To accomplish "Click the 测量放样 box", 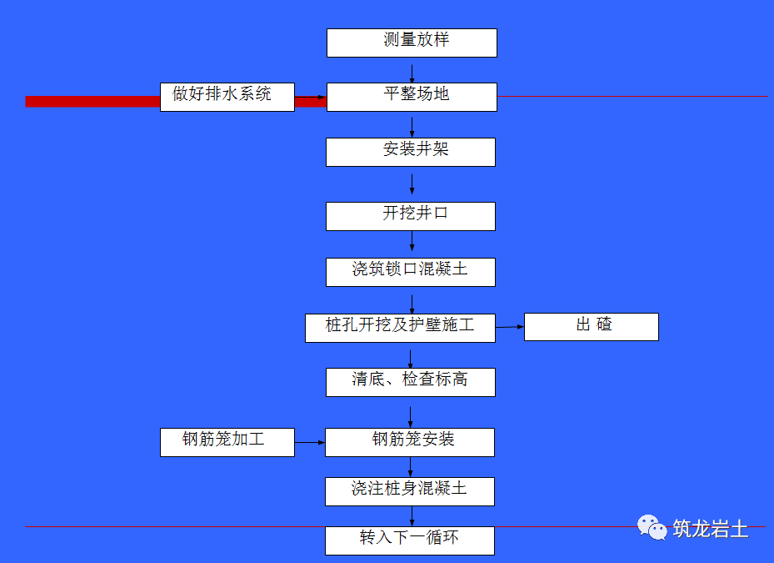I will pos(412,43).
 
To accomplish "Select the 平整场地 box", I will pos(412,97).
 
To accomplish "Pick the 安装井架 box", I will pos(410,152).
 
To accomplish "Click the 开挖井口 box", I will pos(410,216).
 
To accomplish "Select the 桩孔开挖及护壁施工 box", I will pos(400,327).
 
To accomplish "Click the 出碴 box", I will pos(591,327).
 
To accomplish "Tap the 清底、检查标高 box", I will pos(410,382).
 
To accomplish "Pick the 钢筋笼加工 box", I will pos(227,442).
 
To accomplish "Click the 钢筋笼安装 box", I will pos(409,442).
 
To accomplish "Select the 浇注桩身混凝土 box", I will pos(409,491).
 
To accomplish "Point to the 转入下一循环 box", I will pos(409,540).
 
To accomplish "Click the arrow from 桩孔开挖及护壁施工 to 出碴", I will pos(510,327).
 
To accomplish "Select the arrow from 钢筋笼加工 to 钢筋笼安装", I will pos(309,442).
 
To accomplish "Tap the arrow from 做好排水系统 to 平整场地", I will pos(310,98).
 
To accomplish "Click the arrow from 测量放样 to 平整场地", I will pos(412,70).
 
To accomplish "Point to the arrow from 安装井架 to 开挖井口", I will pos(412,183).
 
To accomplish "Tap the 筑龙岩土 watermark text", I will pos(711,529).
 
